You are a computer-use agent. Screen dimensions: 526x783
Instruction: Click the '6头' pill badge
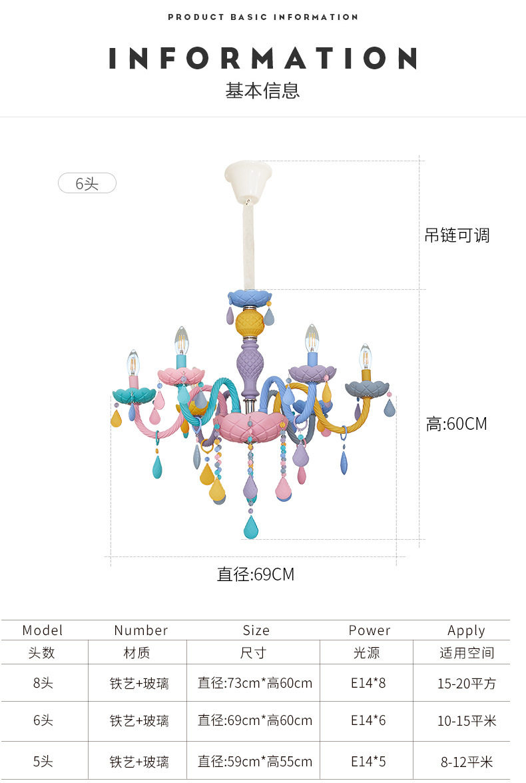click(87, 183)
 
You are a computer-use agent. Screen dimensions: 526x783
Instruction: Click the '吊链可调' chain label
click(457, 235)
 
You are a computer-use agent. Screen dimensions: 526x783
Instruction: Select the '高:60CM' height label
click(457, 423)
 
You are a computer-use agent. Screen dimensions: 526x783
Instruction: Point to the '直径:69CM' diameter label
click(256, 574)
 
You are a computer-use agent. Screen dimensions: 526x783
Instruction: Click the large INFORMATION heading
click(263, 59)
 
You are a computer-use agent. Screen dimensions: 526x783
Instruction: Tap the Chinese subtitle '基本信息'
click(263, 91)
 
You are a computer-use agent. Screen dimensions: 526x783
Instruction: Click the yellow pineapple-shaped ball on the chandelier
click(249, 323)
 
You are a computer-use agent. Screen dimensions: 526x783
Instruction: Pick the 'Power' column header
click(370, 630)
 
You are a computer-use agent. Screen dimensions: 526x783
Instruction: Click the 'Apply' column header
click(466, 630)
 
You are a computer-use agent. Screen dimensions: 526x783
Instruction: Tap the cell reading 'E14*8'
click(368, 683)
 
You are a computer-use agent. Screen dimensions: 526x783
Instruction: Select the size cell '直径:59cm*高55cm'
click(255, 762)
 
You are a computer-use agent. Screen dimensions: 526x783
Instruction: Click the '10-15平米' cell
click(467, 720)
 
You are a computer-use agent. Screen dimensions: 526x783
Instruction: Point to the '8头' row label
click(43, 683)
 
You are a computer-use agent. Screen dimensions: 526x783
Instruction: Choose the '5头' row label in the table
click(43, 762)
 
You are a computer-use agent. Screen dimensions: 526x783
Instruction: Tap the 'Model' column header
click(43, 630)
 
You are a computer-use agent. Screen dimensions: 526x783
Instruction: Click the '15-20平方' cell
click(467, 683)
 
